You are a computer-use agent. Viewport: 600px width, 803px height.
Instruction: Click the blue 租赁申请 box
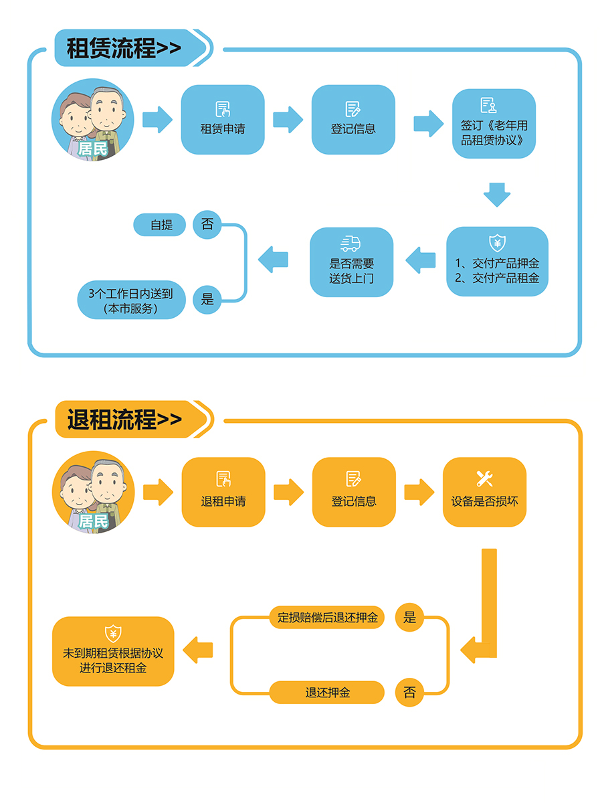[223, 119]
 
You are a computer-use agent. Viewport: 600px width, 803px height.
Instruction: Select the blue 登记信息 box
[353, 119]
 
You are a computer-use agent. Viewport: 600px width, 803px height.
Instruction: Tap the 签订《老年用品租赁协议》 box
[494, 124]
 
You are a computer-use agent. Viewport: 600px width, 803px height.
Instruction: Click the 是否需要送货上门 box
[351, 262]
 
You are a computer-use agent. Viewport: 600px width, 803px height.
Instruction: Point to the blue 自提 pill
[161, 225]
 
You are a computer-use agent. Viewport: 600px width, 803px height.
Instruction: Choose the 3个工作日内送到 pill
[131, 300]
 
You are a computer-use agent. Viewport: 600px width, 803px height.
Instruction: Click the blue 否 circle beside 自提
[207, 225]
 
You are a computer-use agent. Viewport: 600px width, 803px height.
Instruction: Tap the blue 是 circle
[207, 299]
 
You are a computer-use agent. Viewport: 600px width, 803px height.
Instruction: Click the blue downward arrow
[497, 194]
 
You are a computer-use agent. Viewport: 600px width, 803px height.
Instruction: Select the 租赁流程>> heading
[124, 48]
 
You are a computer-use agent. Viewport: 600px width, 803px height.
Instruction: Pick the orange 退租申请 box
[223, 492]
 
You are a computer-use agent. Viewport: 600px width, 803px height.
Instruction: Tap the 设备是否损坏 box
[484, 492]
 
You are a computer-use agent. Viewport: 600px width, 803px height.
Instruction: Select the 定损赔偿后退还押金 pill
[327, 617]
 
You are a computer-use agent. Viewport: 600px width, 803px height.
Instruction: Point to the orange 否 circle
[409, 693]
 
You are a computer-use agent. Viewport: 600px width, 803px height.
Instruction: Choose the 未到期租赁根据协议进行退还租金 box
[113, 651]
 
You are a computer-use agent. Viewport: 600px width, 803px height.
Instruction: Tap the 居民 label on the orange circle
[93, 521]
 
